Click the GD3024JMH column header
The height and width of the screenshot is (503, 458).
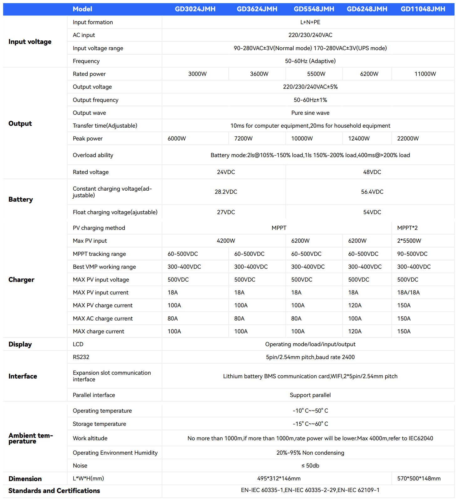point(195,9)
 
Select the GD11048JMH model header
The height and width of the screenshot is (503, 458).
point(423,9)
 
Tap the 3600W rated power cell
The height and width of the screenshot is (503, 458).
point(259,74)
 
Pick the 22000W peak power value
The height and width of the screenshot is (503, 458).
point(408,139)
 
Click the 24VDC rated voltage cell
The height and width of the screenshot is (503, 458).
point(226,172)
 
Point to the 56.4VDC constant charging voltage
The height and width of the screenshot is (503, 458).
point(372,192)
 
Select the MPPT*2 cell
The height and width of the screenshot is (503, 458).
point(407,228)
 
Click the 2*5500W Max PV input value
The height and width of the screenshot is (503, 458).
point(409,241)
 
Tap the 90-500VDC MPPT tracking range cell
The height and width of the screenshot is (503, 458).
point(412,254)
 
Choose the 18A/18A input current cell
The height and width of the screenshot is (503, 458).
point(408,293)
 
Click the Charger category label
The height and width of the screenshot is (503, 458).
point(21,280)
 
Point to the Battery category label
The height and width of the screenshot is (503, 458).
point(21,199)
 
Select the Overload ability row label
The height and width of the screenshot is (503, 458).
point(93,155)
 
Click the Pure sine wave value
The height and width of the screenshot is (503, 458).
point(310,113)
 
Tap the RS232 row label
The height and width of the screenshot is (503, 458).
point(81,357)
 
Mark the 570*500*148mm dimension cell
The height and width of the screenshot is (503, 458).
point(419,479)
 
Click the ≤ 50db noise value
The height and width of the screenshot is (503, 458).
point(310,466)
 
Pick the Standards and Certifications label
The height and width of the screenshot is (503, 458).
point(54,491)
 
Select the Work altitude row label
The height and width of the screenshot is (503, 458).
point(90,438)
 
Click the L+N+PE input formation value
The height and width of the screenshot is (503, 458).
point(310,22)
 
